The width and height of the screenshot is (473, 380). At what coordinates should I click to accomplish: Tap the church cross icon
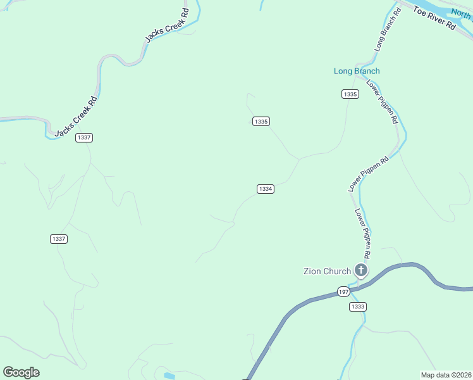coord(361,271)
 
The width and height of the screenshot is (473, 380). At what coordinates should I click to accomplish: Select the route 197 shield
coord(343,291)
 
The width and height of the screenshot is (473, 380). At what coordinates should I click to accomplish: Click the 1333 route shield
coord(357,307)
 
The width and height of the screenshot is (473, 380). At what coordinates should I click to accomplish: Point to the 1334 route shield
coord(266,189)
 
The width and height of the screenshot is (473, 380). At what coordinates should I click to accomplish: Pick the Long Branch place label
coord(357,71)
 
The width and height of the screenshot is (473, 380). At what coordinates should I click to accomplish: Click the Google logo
coord(21,372)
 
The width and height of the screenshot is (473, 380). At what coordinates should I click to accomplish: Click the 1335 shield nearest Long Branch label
coord(350,94)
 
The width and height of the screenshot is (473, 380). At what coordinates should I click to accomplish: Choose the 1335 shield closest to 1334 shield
coord(261,121)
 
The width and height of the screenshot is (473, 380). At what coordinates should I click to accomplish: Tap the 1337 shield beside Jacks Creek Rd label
coord(84,137)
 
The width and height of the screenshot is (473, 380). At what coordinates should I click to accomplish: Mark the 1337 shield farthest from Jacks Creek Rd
coord(58,239)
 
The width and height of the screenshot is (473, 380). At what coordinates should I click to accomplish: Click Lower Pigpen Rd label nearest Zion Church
coord(362,232)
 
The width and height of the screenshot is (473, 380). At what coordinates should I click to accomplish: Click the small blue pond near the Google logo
coord(169,376)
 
